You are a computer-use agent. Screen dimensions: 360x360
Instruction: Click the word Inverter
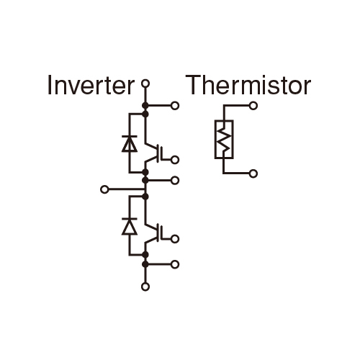(91, 85)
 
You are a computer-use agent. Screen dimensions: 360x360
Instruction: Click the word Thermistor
(248, 85)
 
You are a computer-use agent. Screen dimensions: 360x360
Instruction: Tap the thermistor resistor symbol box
(224, 140)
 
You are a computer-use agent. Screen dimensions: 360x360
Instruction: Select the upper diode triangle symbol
(130, 144)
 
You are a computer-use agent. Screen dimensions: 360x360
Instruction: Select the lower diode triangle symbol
(130, 227)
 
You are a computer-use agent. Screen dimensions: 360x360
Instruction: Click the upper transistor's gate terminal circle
(175, 160)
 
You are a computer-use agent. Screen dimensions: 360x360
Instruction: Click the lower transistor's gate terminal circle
(175, 239)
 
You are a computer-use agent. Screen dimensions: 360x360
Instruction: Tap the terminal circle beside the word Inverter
(145, 84)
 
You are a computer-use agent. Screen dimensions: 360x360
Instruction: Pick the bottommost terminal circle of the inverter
(145, 287)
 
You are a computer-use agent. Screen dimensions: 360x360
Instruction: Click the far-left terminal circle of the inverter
(104, 189)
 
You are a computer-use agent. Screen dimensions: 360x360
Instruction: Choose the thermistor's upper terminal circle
(253, 106)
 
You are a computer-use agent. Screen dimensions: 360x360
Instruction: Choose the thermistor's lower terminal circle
(253, 174)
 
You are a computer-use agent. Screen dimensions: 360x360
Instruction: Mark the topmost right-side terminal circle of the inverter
(175, 106)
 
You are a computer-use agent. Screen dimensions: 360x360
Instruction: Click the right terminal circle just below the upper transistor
(175, 180)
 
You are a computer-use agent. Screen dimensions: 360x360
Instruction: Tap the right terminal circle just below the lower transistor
(175, 264)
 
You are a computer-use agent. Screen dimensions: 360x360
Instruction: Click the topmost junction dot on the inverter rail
(145, 105)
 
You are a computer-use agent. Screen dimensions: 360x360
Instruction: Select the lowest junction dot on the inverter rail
(145, 264)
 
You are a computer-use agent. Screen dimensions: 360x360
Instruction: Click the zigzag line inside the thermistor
(224, 140)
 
